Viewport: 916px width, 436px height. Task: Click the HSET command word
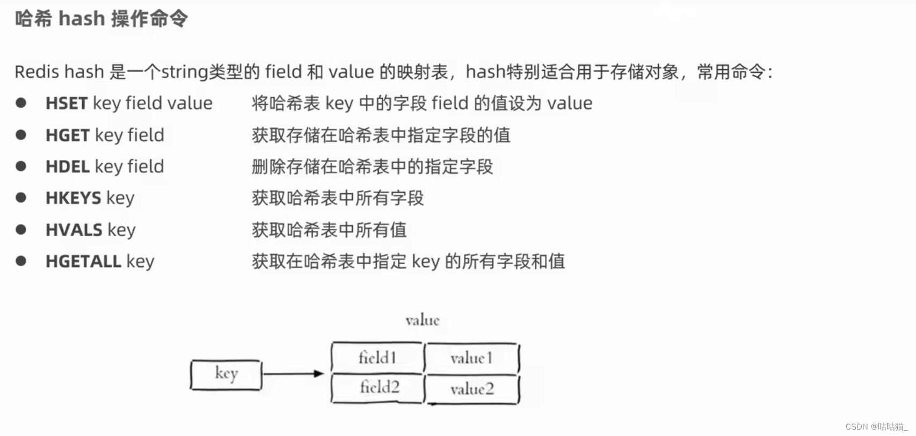coord(67,103)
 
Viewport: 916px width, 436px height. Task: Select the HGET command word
coord(68,135)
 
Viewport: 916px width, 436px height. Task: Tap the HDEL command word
coord(68,167)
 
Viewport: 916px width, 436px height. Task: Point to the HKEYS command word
coord(74,198)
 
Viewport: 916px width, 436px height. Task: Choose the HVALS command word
coord(74,230)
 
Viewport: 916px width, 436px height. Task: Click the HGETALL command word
coord(83,261)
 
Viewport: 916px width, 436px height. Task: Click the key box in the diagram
coord(226,374)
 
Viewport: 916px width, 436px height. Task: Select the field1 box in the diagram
coord(377,358)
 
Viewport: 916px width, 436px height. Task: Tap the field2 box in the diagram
coord(379,388)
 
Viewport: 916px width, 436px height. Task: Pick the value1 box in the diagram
coord(471,358)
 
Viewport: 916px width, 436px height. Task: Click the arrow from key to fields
coord(293,374)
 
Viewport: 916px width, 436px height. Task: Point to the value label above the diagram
coord(423,321)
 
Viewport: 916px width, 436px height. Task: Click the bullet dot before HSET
coord(21,103)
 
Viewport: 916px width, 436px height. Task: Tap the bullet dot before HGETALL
coord(21,261)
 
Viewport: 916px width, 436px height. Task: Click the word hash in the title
coord(82,19)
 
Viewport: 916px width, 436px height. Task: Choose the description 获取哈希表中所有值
coord(329,230)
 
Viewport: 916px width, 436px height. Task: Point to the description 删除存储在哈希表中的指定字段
coord(372,167)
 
